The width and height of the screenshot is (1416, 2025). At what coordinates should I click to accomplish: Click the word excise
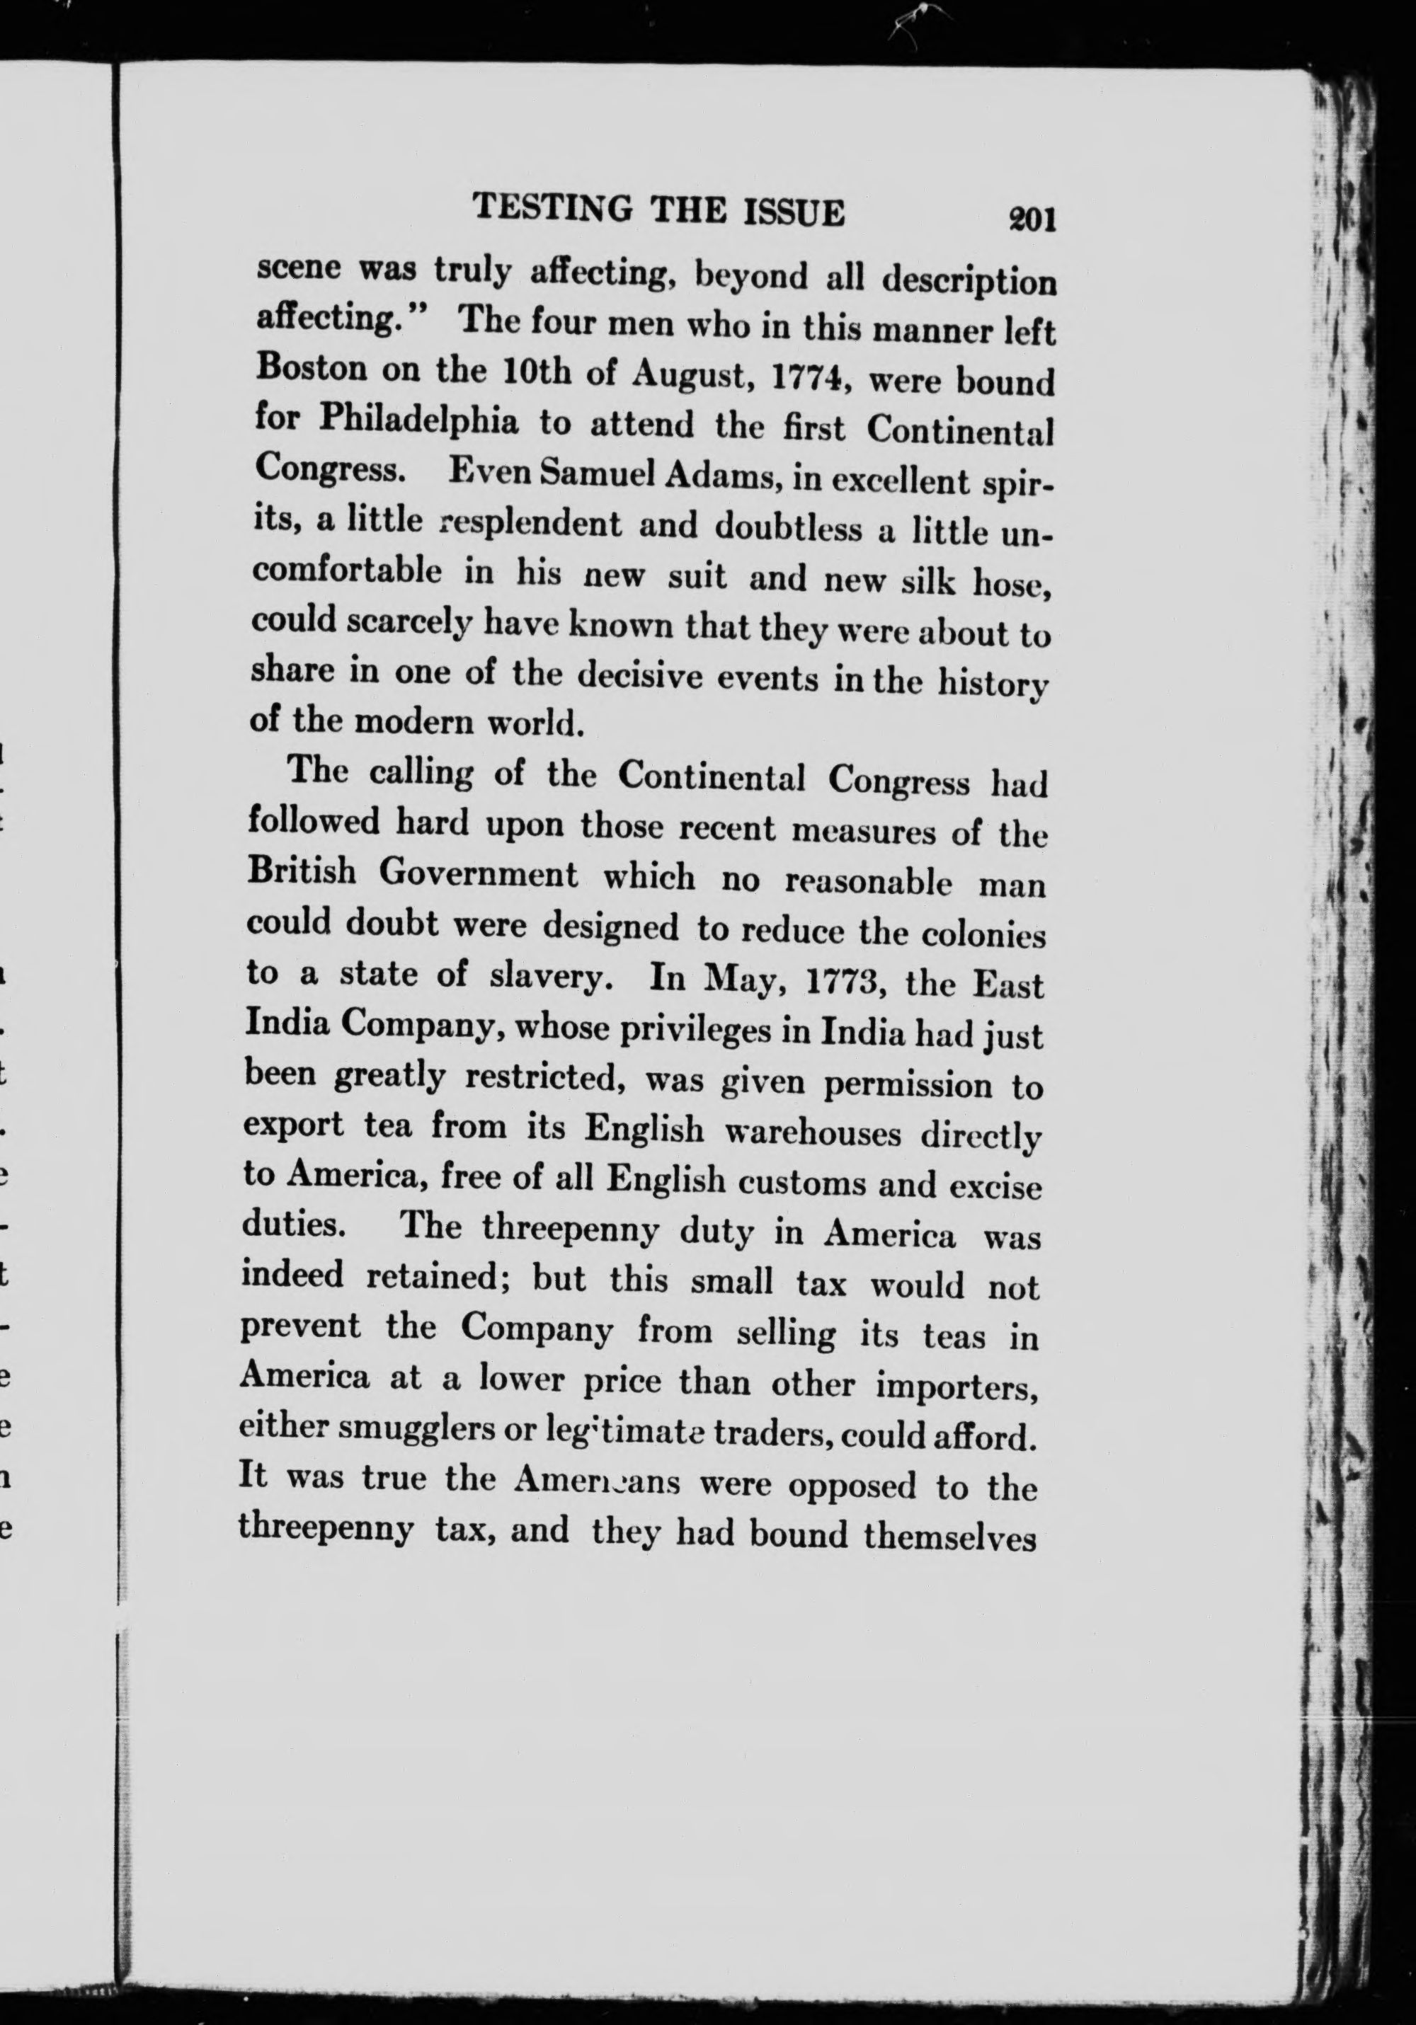pos(995,1187)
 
